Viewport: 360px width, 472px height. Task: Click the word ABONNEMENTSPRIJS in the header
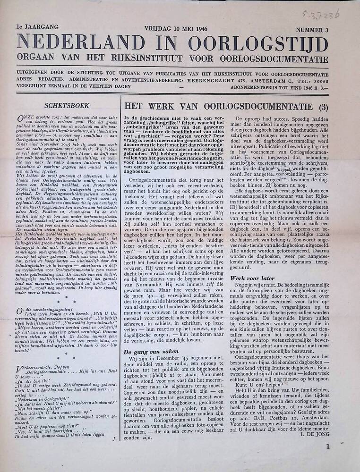click(259, 88)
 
